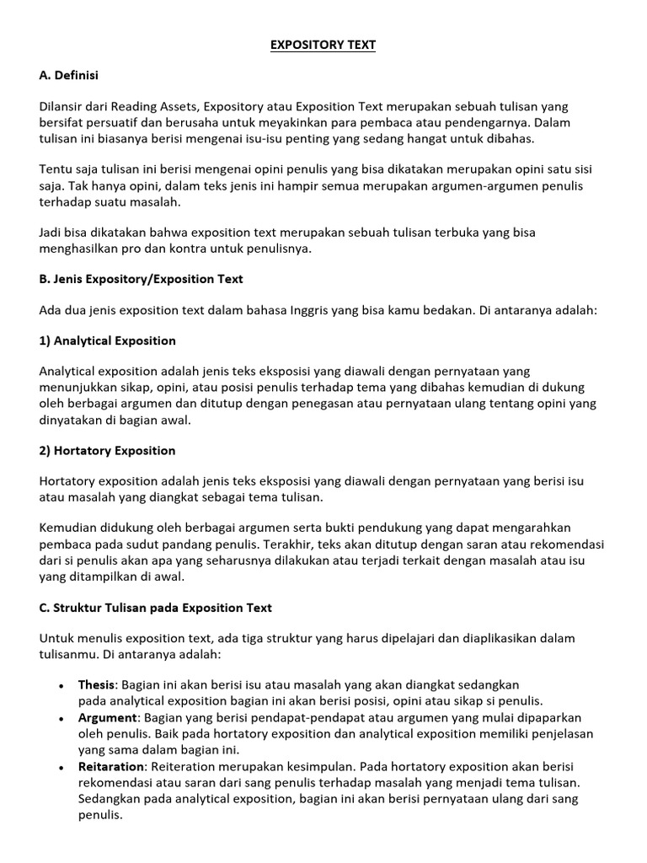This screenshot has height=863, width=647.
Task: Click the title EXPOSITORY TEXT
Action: click(x=323, y=46)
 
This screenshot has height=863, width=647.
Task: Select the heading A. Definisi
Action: click(x=68, y=76)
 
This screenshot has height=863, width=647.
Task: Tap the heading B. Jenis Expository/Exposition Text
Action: click(x=142, y=279)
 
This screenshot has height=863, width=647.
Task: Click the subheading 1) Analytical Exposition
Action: click(x=108, y=340)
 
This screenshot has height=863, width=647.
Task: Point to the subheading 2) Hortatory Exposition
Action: click(x=107, y=451)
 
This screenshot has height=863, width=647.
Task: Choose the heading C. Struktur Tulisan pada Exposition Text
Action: click(x=156, y=608)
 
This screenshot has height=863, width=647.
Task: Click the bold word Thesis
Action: click(x=96, y=685)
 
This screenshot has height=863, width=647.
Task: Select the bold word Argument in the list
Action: click(x=107, y=717)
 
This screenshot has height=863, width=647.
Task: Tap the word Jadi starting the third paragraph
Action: click(x=51, y=233)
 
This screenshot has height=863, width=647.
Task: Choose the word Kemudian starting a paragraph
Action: click(x=68, y=528)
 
